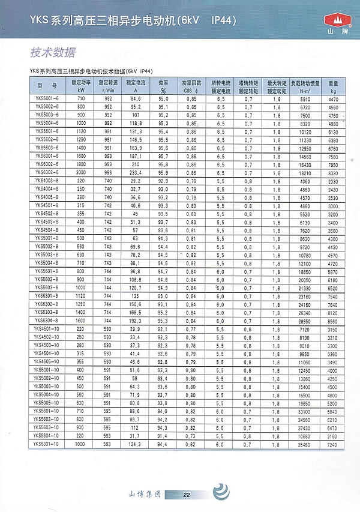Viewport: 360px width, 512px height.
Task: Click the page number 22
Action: point(187,495)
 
